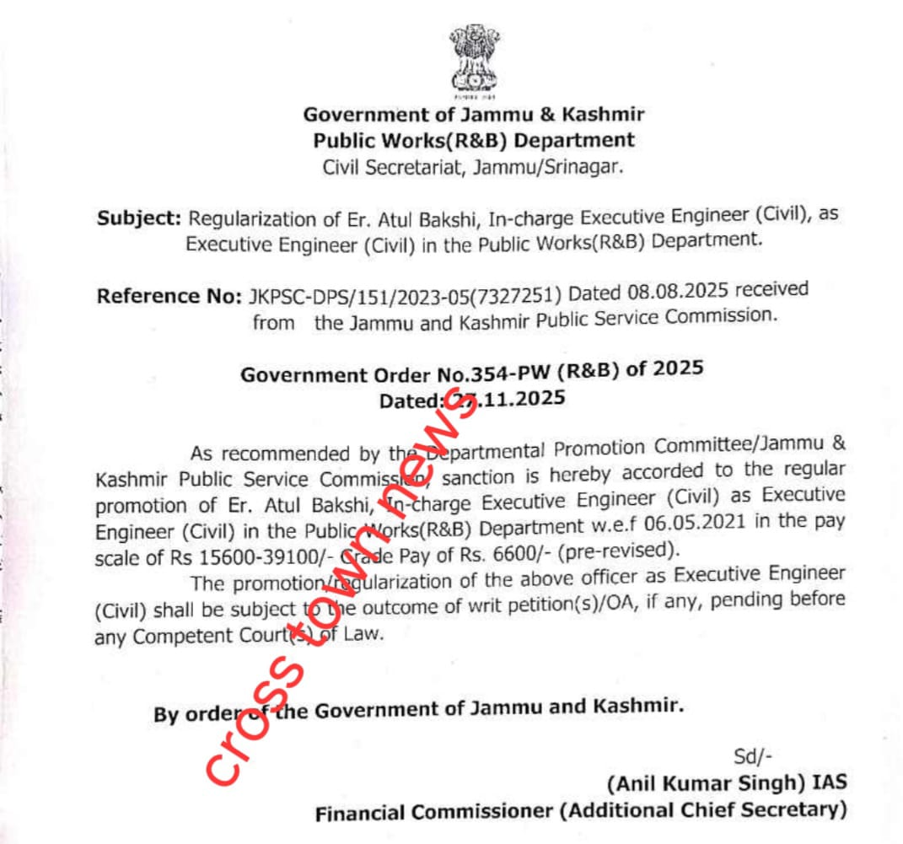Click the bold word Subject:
(139, 218)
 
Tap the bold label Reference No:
(169, 296)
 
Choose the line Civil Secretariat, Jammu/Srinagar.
(474, 167)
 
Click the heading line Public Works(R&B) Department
(474, 140)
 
